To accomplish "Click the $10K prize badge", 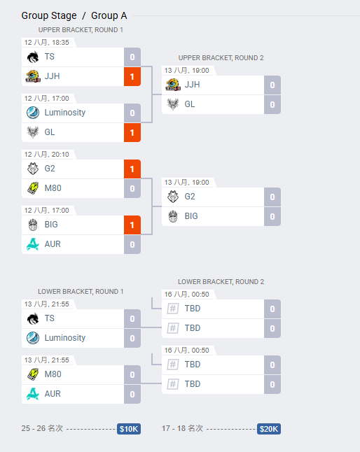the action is [x=129, y=429].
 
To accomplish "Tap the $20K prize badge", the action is [x=268, y=429].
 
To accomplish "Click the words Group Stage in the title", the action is [x=49, y=15].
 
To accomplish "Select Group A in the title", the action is [x=109, y=15].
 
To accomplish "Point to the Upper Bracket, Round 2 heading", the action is [x=221, y=58].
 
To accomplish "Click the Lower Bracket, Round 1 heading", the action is [x=81, y=292].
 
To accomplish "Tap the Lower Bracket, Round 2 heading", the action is [x=221, y=282].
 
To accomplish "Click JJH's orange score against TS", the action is [x=132, y=77].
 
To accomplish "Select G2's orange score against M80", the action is [x=132, y=169].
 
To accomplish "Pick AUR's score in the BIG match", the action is [x=132, y=245].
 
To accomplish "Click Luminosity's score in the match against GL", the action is [x=132, y=113].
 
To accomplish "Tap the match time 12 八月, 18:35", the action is [x=47, y=43].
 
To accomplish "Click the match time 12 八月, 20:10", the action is [x=47, y=155].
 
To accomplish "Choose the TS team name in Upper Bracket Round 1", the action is [x=49, y=57].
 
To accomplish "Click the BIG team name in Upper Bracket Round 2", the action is [x=191, y=216].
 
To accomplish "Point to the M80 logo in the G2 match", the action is [x=33, y=188].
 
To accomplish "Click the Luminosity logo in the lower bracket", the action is [x=33, y=338].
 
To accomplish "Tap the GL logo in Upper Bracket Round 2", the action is [x=173, y=104].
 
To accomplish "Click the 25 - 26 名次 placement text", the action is [x=42, y=428].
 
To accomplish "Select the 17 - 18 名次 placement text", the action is [x=182, y=428].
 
